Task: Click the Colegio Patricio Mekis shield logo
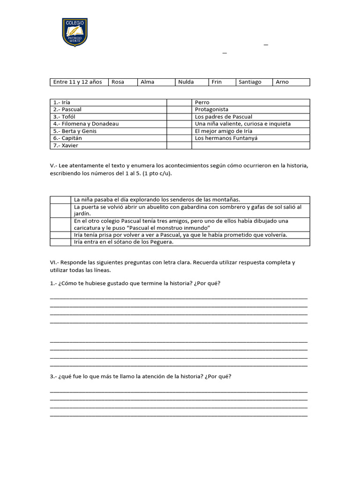75,32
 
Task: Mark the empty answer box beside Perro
179,102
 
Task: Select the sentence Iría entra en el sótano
123,242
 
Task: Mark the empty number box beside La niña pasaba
60,200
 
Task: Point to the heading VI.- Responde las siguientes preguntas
172,266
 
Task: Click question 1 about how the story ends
135,284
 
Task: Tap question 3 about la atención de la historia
141,376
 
